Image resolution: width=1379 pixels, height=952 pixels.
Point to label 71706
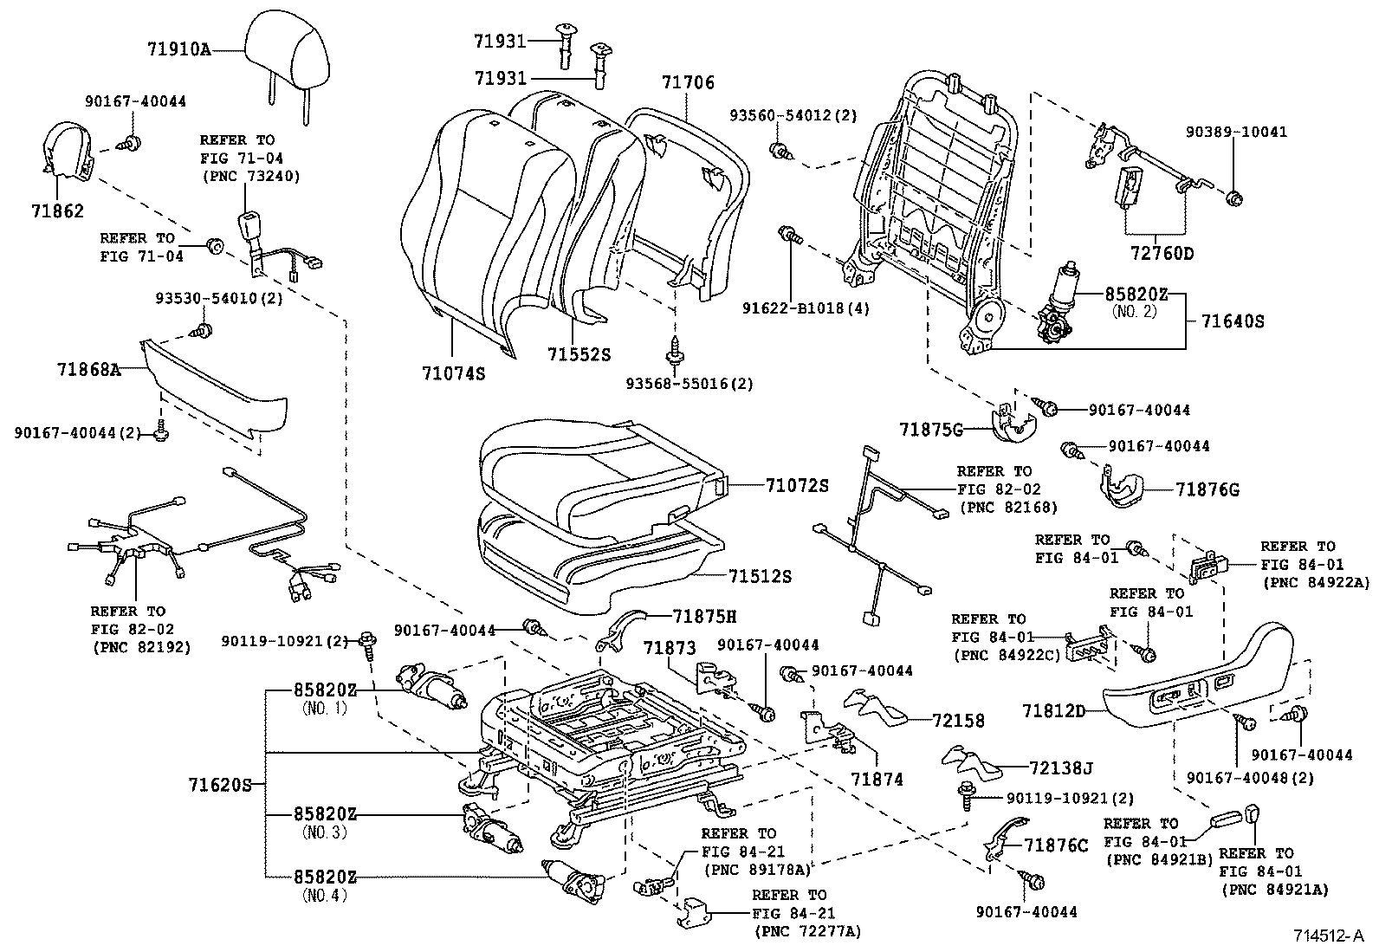pos(688,83)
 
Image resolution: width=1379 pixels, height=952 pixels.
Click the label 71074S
pos(453,373)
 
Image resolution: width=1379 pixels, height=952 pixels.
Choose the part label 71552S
pos(579,354)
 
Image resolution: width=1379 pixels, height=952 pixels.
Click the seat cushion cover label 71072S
pos(796,485)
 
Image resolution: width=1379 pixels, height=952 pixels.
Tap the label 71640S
pos(1233,321)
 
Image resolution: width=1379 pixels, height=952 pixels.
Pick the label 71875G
pos(930,429)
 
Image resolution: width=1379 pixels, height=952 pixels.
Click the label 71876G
pos(1207,490)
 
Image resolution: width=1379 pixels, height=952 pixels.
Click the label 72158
pos(959,720)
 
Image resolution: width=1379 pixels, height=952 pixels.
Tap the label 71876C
pos(1055,845)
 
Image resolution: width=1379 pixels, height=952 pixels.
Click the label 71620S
pos(220,786)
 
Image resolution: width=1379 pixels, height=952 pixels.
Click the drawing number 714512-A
pos(1328,936)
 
